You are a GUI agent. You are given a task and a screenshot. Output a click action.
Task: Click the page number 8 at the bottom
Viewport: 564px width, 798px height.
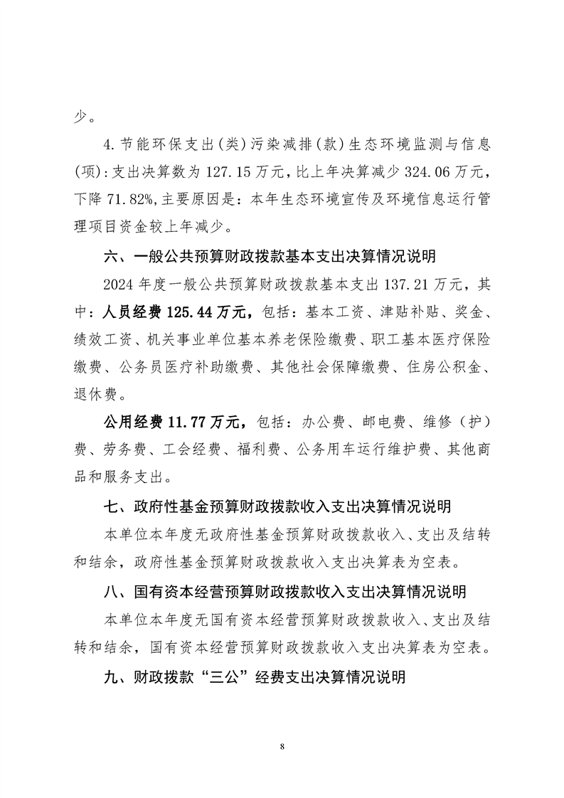pyautogui.click(x=282, y=746)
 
